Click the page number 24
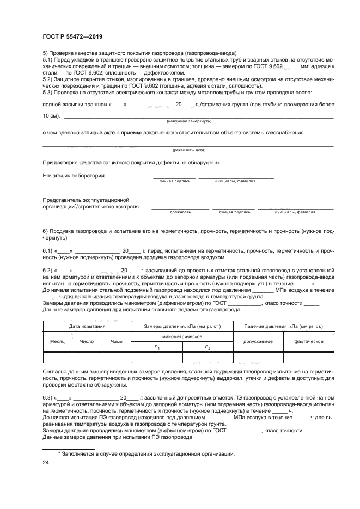coord(46,463)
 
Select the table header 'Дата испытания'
coord(87,326)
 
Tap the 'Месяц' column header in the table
coord(58,341)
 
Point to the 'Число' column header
coord(87,341)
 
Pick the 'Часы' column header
coord(117,341)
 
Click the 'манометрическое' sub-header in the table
coord(182,337)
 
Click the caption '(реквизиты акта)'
coord(186,149)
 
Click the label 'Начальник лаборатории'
coord(74,176)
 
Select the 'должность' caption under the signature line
coord(180,212)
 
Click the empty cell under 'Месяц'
coord(58,357)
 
